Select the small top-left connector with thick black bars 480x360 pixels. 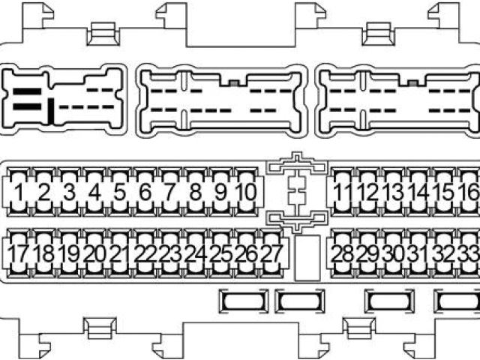coord(64,100)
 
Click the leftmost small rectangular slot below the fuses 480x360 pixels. coord(243,300)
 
